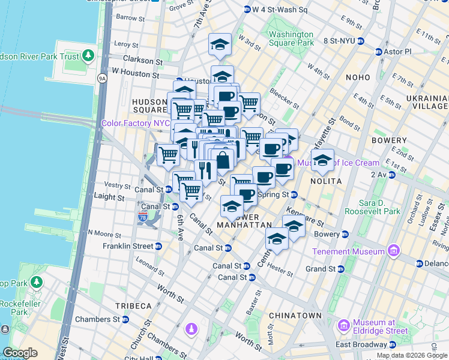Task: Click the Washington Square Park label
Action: click(291, 38)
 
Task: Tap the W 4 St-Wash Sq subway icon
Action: click(247, 10)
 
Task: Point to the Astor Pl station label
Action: click(397, 52)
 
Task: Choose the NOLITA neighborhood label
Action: click(326, 181)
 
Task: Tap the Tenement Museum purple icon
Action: click(394, 250)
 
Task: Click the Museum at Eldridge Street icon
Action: click(344, 326)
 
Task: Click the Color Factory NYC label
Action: click(136, 123)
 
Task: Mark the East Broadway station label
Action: click(361, 344)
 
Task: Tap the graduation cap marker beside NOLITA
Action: click(322, 160)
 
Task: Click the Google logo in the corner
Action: click(20, 353)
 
